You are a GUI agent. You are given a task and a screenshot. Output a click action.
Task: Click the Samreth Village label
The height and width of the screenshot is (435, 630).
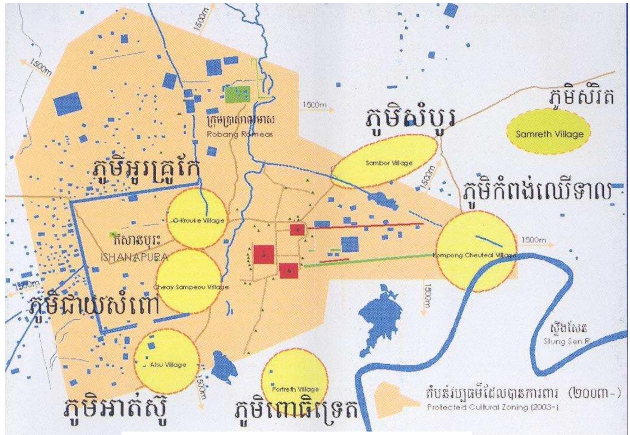tap(549, 134)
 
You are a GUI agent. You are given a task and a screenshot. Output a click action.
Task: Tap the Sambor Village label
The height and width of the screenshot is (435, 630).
tap(389, 163)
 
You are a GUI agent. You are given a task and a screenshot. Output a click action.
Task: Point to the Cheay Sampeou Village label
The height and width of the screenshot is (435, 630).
tap(191, 287)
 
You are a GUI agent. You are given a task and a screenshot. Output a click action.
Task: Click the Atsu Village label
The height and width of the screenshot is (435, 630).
tap(168, 365)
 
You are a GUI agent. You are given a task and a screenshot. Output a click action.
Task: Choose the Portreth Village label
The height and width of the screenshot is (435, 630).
tap(295, 389)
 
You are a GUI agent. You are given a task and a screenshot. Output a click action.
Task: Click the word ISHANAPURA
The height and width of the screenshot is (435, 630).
tap(135, 257)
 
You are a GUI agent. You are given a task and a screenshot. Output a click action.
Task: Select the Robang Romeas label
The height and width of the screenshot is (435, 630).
tap(240, 134)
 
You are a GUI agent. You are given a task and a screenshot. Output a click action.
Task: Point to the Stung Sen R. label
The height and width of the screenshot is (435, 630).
tap(566, 341)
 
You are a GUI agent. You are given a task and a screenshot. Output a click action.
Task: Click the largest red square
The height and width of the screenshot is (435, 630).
tap(264, 254)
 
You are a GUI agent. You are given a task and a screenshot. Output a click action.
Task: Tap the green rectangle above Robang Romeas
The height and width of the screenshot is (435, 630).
tap(237, 94)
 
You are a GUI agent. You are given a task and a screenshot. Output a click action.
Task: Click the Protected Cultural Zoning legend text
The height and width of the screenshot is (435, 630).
tap(493, 407)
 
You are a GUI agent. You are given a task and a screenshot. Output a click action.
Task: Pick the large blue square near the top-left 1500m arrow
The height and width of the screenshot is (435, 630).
tap(68, 104)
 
